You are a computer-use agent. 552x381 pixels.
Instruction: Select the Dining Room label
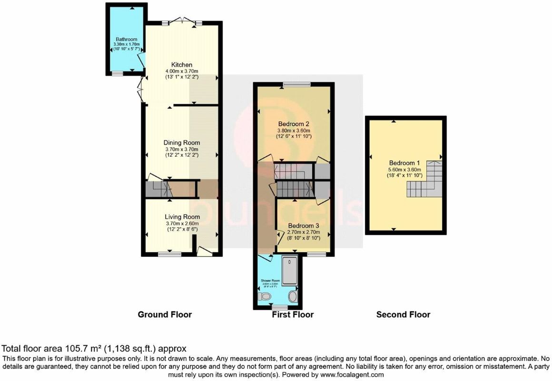(182, 142)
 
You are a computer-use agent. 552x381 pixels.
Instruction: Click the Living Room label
(182, 217)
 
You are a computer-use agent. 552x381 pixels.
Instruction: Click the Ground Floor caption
(165, 314)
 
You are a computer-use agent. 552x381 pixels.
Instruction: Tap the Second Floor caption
(403, 314)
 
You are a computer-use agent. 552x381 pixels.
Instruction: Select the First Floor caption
(293, 314)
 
